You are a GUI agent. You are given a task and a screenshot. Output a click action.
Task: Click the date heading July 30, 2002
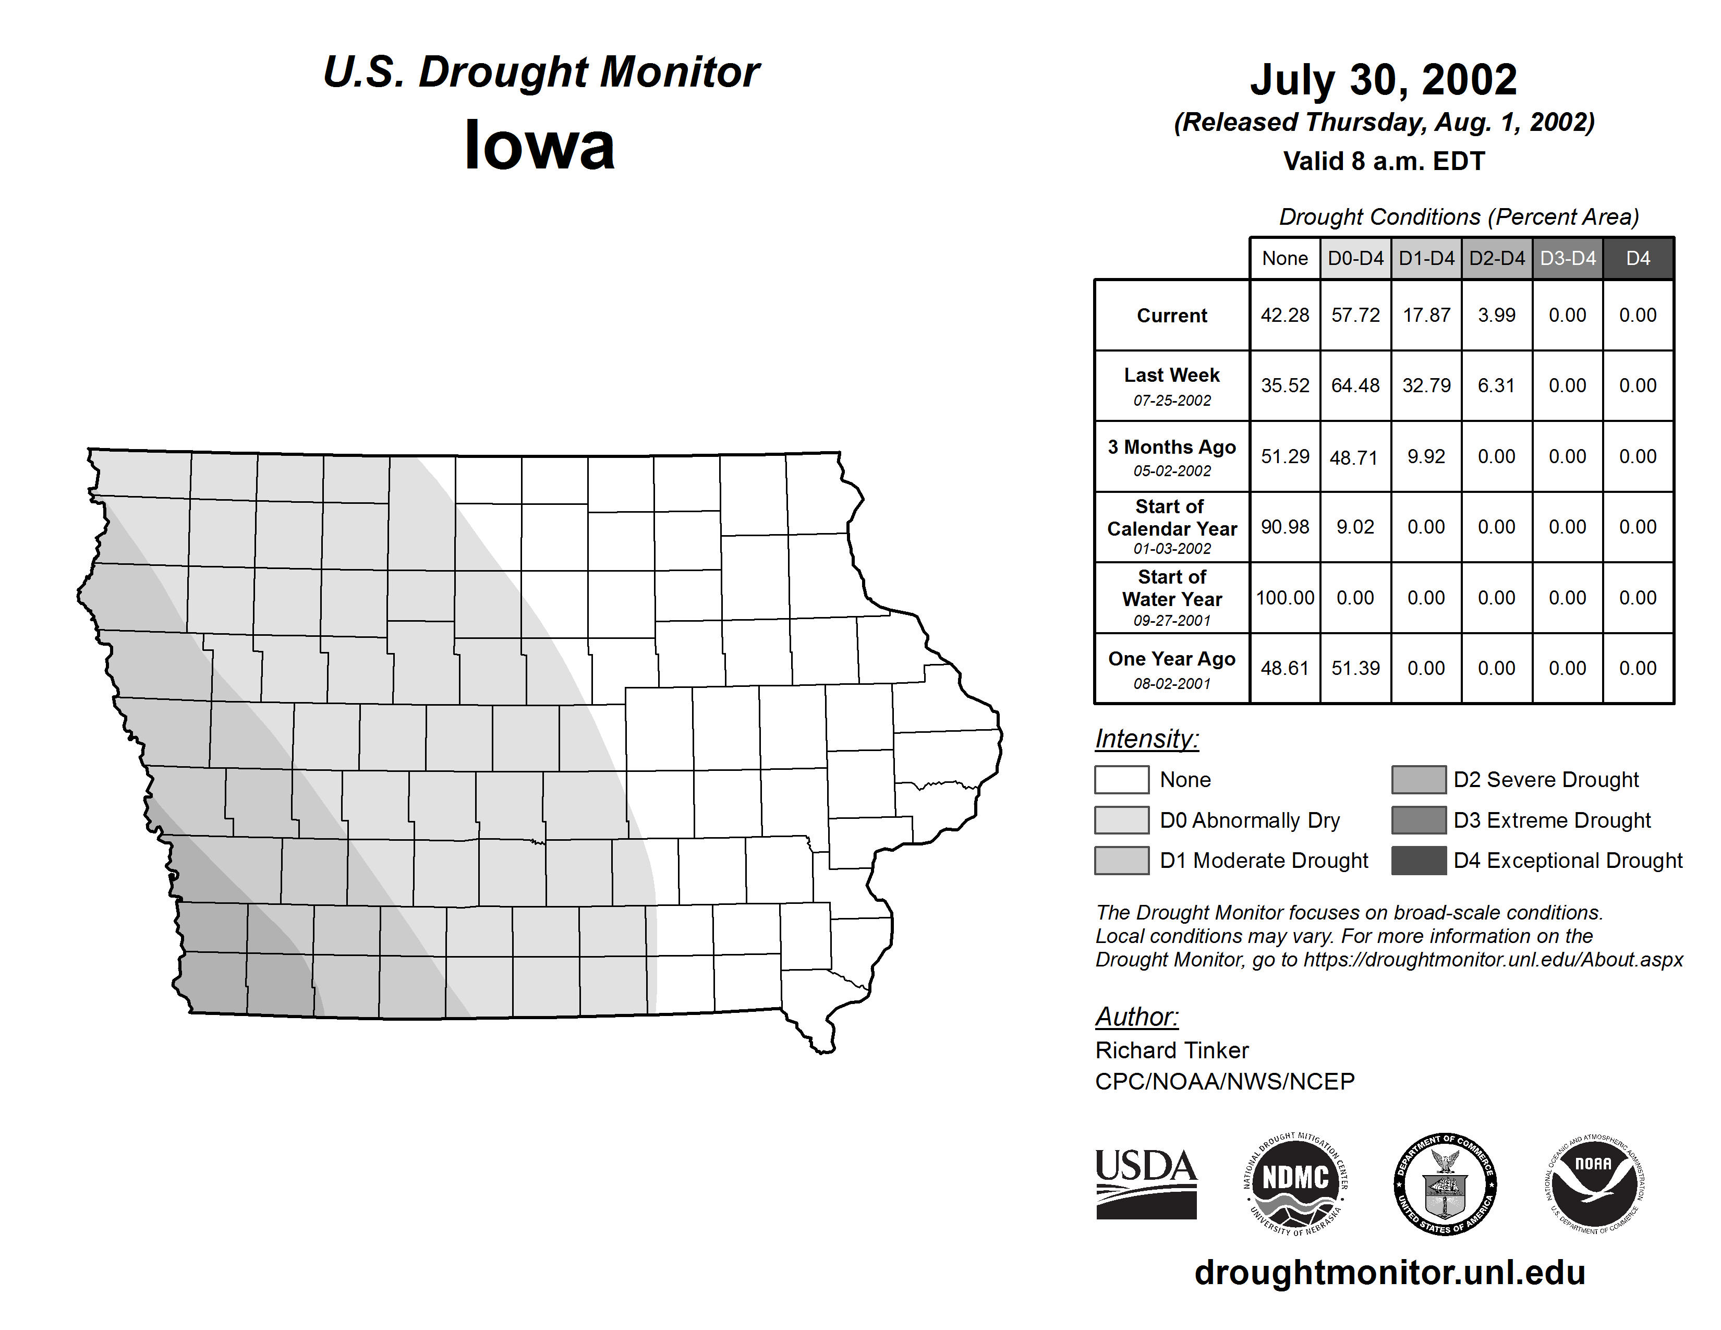pos(1383,80)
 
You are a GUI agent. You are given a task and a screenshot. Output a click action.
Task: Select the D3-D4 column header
pos(1567,258)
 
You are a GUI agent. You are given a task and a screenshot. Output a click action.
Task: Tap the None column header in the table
pos(1284,258)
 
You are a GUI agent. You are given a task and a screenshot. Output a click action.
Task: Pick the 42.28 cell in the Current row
pos(1284,315)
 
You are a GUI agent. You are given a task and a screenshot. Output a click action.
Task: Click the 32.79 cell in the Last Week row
pos(1426,385)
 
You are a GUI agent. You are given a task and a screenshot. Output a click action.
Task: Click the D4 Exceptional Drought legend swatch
pos(1419,861)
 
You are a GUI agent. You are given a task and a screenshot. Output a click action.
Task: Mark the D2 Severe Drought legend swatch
pos(1419,779)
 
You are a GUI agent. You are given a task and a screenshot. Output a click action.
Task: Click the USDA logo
pos(1146,1183)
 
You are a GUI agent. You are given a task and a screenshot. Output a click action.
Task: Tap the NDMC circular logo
pos(1295,1183)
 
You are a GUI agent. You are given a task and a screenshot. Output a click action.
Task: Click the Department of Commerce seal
pos(1445,1183)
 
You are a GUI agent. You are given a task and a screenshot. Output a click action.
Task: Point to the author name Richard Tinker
pos(1172,1050)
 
